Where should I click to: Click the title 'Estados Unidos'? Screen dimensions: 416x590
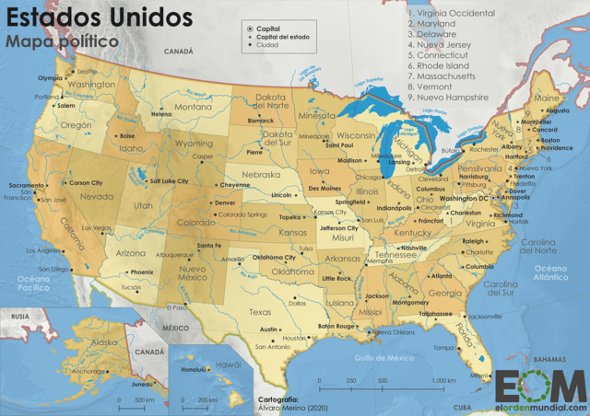(99, 17)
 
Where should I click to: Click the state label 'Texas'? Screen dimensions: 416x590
(260, 311)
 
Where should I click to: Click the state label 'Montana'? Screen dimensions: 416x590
(194, 107)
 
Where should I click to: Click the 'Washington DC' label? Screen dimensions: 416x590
(464, 198)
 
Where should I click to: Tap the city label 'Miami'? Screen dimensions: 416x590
(479, 375)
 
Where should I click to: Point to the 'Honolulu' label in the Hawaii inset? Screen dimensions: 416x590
(196, 370)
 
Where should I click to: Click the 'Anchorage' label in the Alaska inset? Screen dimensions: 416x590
(89, 372)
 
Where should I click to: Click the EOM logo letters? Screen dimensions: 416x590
(540, 384)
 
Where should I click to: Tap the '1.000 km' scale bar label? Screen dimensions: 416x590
(443, 380)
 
